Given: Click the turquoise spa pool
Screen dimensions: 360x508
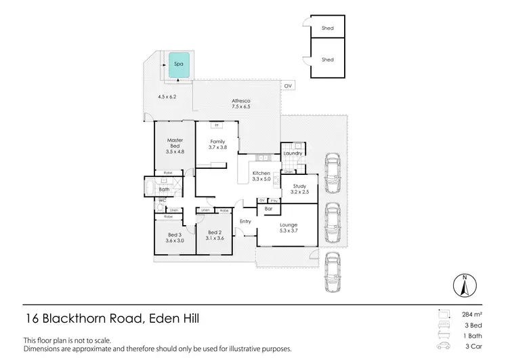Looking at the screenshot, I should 179,64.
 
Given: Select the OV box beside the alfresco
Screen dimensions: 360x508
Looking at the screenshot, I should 288,85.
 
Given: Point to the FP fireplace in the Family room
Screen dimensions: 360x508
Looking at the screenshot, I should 217,125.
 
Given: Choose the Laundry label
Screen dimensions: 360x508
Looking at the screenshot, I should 293,153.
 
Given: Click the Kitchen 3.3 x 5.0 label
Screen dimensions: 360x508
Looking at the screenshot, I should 261,176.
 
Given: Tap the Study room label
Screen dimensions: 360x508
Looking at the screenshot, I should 299,189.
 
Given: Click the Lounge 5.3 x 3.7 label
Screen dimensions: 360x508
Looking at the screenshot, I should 289,228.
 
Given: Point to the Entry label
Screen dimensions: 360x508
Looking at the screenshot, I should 245,221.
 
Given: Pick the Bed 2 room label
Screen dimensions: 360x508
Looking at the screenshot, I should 215,235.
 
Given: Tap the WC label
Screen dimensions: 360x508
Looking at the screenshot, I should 163,201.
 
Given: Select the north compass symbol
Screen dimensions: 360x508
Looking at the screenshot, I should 464,285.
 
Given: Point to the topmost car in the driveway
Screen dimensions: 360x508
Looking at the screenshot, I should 333,174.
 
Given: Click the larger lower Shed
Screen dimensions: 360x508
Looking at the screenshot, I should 327,60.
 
